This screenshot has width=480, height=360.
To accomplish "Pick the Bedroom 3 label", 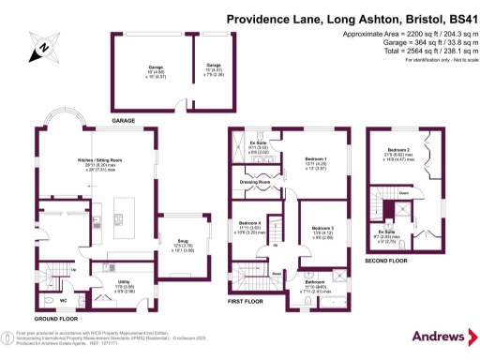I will pyautogui.click(x=322, y=228).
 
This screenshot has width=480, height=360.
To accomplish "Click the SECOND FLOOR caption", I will pyautogui.click(x=384, y=262).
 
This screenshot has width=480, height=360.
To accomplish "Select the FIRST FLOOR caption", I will pyautogui.click(x=246, y=303).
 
